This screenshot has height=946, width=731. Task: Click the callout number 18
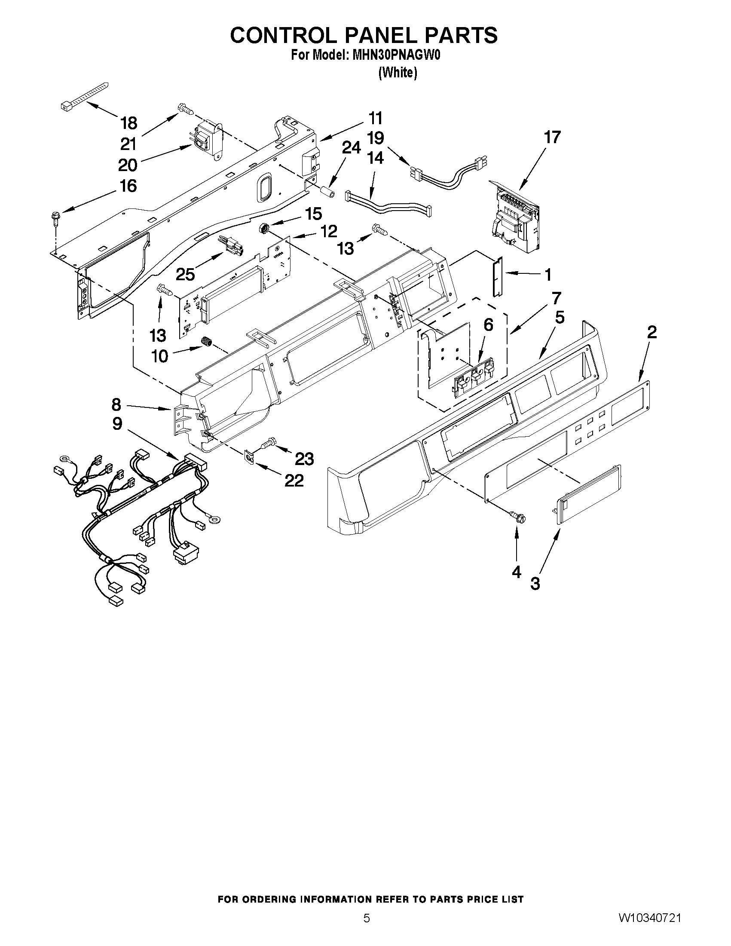click(129, 123)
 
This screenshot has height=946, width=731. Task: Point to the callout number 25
click(185, 274)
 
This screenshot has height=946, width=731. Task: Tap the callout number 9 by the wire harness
click(117, 424)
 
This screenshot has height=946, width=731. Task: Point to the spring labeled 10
click(206, 342)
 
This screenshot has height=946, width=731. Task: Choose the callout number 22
click(294, 480)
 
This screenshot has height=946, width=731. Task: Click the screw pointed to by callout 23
click(267, 443)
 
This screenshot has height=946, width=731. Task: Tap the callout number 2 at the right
click(651, 332)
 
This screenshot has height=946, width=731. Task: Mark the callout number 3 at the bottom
click(535, 584)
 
